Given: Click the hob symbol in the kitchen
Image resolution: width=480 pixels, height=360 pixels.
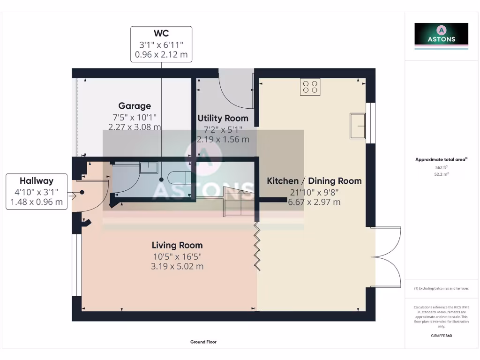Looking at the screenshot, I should click(x=310, y=87).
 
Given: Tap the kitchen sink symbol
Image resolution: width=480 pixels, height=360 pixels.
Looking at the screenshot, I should click(x=358, y=126).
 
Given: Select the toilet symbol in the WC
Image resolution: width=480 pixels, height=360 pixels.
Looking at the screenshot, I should click(x=178, y=178).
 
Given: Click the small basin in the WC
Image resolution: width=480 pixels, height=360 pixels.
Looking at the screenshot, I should click(x=149, y=167).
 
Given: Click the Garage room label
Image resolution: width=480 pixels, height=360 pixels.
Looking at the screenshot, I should click(x=135, y=106).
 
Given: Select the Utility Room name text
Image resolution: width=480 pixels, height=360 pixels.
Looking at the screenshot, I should click(x=223, y=118).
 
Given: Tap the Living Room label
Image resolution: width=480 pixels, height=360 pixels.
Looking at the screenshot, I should click(x=177, y=245).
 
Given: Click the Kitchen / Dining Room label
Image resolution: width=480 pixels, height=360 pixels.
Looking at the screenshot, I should click(x=314, y=181).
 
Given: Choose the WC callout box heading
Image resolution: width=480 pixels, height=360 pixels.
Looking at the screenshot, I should click(x=161, y=33).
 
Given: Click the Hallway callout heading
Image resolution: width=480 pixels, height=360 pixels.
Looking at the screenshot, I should click(x=37, y=181).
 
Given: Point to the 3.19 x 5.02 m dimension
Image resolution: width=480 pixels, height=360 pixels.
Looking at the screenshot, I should click(x=177, y=266).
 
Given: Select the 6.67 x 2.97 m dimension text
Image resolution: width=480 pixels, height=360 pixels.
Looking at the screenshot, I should click(x=314, y=202).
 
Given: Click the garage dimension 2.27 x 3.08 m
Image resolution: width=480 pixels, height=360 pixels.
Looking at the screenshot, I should click(x=135, y=127).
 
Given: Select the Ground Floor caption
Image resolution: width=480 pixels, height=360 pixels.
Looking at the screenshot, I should click(x=203, y=342).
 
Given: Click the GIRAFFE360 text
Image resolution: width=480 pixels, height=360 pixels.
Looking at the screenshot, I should click(x=441, y=336).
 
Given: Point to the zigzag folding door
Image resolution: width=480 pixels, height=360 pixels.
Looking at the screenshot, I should click(x=257, y=247).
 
